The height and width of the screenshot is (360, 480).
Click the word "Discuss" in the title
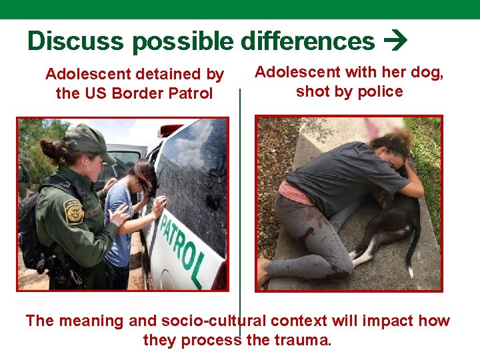click(x=75, y=41)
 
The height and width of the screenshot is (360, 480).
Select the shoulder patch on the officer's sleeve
click(x=74, y=211)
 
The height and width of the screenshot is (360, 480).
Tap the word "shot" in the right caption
click(x=311, y=91)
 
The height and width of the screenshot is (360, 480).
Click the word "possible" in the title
click(x=183, y=41)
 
